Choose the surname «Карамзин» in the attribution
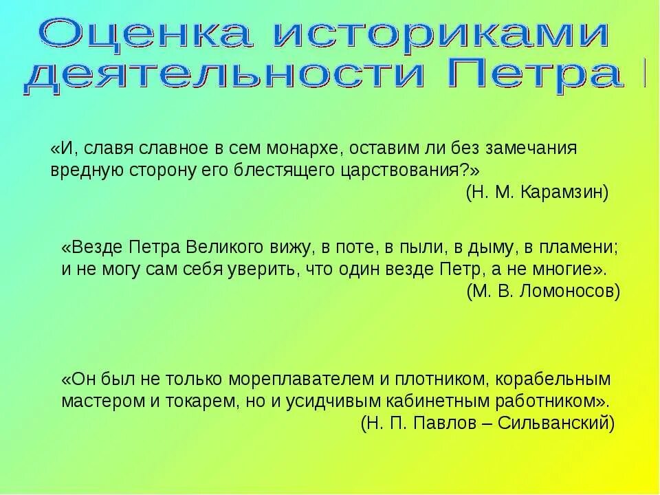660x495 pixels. click(566, 192)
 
